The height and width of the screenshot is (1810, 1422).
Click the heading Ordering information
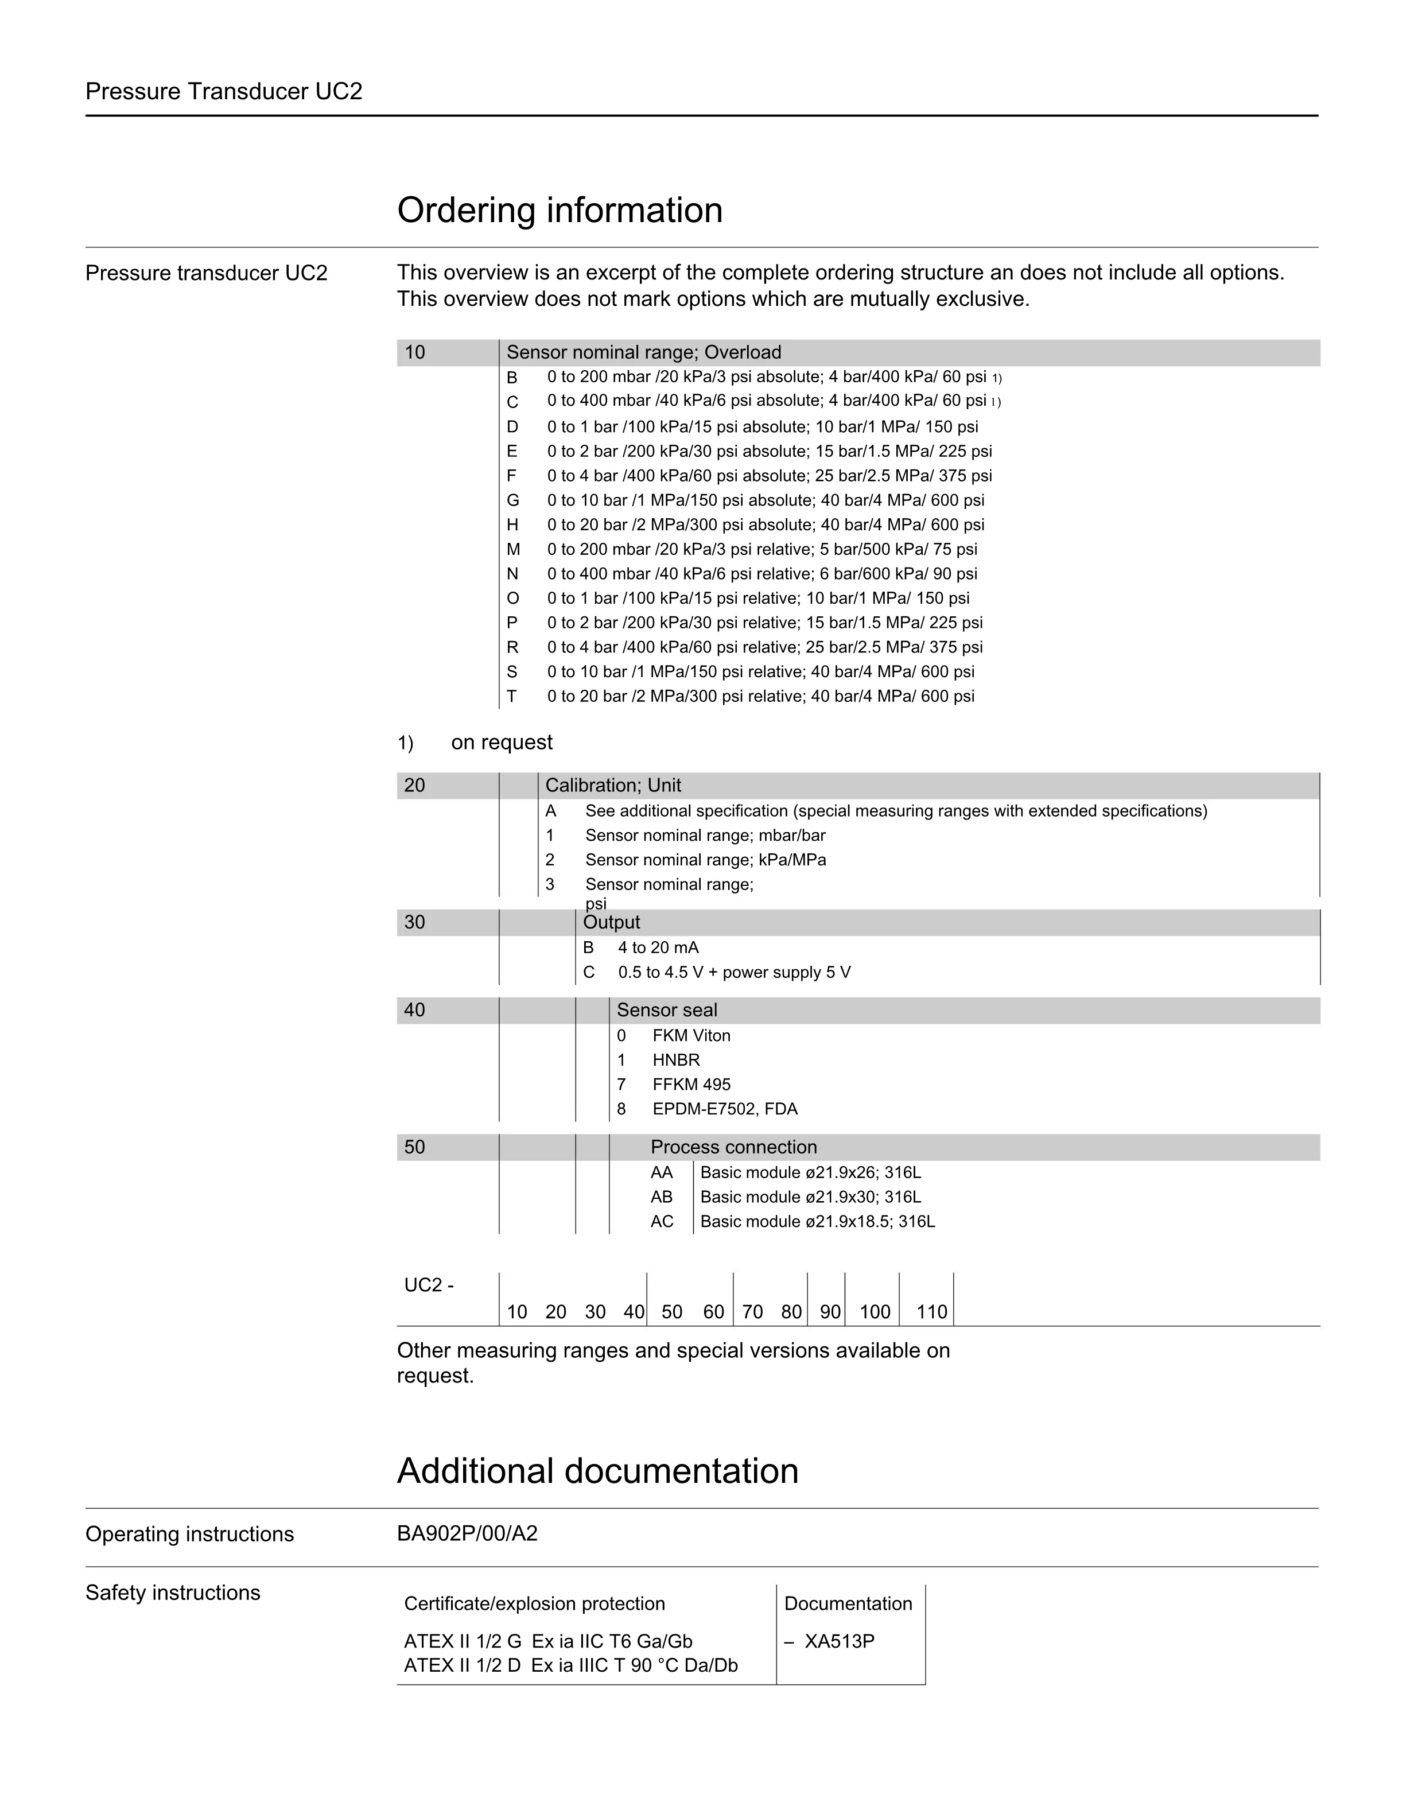pyautogui.click(x=560, y=210)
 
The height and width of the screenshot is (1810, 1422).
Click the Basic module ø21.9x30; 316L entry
pyautogui.click(x=810, y=1197)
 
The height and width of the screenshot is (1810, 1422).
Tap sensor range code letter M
pyautogui.click(x=513, y=550)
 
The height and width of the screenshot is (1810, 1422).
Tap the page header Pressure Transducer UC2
pyautogui.click(x=224, y=92)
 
